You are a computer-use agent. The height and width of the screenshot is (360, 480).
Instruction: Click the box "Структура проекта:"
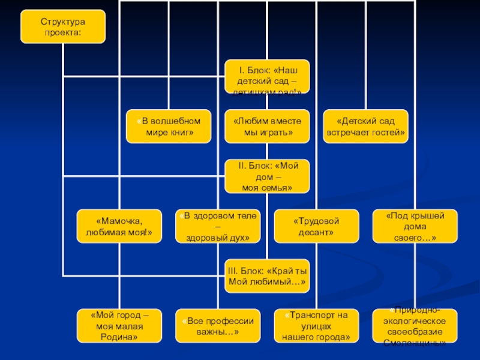tap(63, 26)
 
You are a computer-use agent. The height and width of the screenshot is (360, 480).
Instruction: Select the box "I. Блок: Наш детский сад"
tap(267, 76)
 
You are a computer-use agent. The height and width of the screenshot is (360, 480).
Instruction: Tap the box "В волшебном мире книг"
tap(169, 126)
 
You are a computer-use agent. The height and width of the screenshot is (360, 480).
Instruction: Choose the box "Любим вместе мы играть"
tap(268, 126)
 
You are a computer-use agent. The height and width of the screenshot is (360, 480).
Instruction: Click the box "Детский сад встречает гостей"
tap(365, 126)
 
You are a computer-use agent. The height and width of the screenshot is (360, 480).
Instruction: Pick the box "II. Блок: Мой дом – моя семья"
tap(268, 176)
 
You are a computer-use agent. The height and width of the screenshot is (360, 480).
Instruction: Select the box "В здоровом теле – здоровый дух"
tap(218, 226)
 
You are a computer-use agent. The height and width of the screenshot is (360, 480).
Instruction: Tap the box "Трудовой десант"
tap(316, 226)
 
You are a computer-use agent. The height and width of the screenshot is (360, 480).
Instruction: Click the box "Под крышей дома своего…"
tap(415, 226)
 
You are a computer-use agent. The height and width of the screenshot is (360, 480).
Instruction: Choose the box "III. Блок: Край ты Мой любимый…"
tap(268, 275)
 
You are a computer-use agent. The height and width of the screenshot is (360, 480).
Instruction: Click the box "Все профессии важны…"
tap(218, 326)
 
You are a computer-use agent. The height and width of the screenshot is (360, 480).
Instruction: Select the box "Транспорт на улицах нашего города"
tap(316, 326)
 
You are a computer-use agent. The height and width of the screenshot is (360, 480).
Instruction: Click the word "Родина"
tap(120, 337)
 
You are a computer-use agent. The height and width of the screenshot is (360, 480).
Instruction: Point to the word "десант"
tap(316, 232)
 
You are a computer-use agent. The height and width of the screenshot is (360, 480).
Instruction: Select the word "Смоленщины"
tap(415, 343)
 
